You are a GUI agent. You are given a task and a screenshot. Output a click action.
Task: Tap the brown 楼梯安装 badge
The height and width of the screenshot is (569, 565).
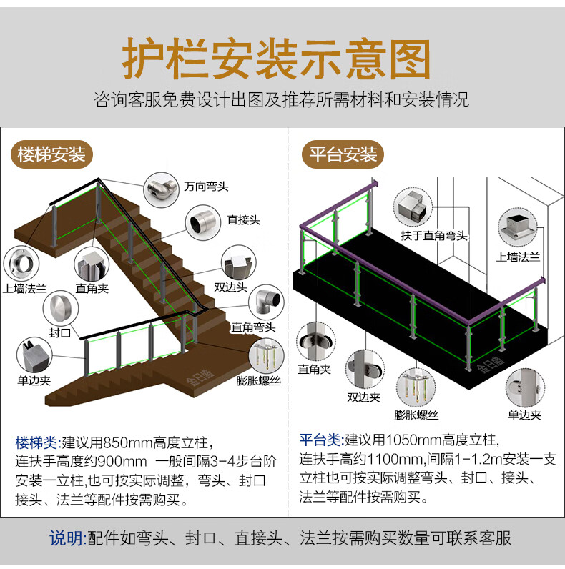(x=51, y=154)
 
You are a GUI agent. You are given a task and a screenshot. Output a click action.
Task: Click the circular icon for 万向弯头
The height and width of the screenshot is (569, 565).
(x=161, y=190)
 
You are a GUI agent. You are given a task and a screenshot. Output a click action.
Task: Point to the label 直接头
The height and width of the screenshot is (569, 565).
(x=242, y=221)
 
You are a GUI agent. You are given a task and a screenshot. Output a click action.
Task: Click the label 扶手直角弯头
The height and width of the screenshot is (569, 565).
(x=433, y=235)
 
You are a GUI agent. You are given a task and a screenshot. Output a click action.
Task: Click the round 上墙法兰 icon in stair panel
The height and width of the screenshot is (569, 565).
(x=23, y=263)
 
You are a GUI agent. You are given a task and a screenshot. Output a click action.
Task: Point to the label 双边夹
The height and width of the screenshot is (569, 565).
(x=363, y=397)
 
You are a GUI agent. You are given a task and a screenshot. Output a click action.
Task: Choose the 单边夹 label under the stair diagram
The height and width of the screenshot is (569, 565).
(x=33, y=380)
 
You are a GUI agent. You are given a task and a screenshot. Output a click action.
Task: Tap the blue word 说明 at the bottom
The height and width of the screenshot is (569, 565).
(x=67, y=538)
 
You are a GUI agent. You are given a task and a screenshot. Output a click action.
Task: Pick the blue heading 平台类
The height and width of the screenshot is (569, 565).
(x=319, y=440)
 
